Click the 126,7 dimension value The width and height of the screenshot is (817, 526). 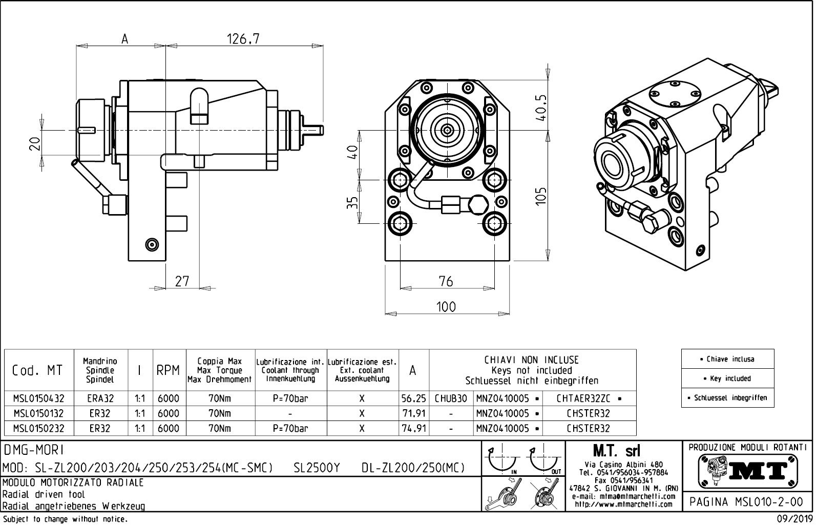[x=243, y=39]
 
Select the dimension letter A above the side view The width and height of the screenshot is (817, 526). [x=124, y=39]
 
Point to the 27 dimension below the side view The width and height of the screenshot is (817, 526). [x=182, y=281]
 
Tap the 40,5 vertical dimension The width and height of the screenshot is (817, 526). [x=541, y=107]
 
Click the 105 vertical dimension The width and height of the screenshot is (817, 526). [x=541, y=196]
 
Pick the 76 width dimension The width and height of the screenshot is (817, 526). [x=446, y=281]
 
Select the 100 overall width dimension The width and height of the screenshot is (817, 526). [x=446, y=307]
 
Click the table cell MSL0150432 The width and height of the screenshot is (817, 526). [x=39, y=398]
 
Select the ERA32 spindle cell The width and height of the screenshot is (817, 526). [x=100, y=398]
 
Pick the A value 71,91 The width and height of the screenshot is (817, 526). [x=414, y=413]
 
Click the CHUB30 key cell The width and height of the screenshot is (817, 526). [x=451, y=398]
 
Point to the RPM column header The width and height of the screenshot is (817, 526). [x=168, y=370]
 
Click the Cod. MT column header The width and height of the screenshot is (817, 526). [x=37, y=370]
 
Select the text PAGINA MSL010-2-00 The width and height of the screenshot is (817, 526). [x=747, y=502]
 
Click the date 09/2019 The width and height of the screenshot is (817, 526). [x=794, y=519]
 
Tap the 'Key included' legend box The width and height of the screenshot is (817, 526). [x=727, y=378]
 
